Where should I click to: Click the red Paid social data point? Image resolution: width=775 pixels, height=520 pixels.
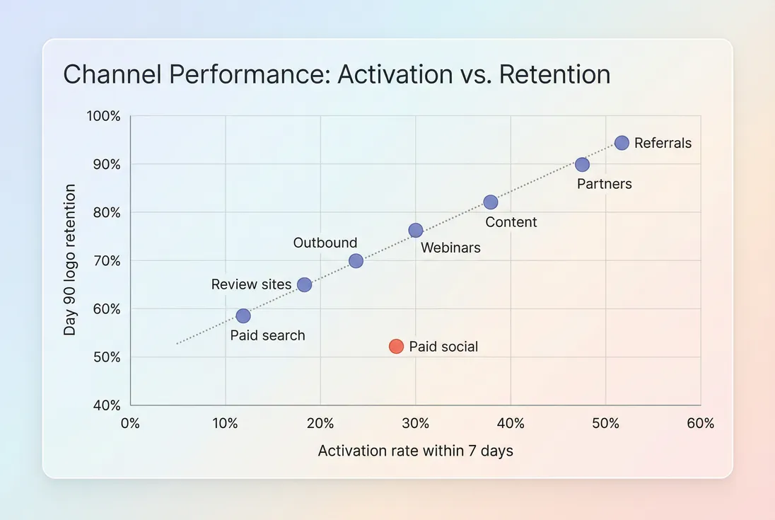pos(396,347)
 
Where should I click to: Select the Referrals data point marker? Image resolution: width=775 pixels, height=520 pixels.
pos(622,143)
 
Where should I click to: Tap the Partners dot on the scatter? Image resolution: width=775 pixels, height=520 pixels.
pos(582,165)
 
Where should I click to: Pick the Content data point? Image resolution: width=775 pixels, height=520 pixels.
pos(491,202)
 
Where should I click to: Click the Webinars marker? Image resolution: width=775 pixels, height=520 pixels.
pos(416,231)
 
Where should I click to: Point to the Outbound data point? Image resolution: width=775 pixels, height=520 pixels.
pos(356,261)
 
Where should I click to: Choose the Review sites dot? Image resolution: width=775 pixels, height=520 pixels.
pos(304,284)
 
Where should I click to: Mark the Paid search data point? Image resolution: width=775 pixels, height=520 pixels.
pos(243,316)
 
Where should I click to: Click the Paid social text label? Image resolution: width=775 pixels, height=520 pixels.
pos(443,347)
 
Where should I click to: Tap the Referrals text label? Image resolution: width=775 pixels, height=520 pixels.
pos(663,143)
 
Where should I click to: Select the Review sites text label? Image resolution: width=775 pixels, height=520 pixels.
pos(251,284)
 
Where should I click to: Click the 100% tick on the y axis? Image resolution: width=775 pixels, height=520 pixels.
pos(104,116)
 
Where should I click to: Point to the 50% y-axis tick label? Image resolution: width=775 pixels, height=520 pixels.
pos(106,357)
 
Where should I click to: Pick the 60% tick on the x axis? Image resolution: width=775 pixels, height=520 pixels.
pos(700,424)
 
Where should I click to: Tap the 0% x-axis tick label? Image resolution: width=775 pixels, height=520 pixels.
pos(131,424)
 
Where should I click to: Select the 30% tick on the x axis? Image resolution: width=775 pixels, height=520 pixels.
pos(416,424)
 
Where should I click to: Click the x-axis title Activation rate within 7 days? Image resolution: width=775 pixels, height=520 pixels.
pos(416,451)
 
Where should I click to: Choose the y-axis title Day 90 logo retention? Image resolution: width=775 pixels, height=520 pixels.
pos(69,260)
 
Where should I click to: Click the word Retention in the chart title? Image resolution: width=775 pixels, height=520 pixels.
pos(554,74)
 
